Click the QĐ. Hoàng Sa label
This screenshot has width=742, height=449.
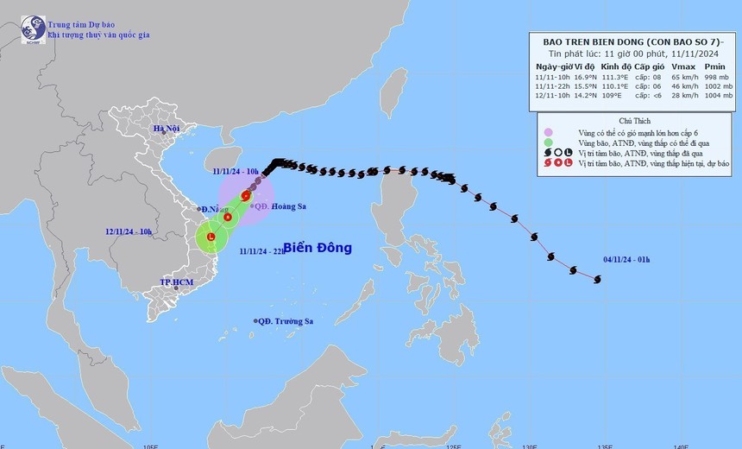(277, 206)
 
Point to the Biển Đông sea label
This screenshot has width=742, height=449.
(318, 248)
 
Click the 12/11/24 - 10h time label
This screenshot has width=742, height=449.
(129, 232)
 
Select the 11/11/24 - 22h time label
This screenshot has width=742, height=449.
(263, 250)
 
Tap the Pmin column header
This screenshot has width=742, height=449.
(715, 66)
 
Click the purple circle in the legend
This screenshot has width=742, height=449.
(548, 132)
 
